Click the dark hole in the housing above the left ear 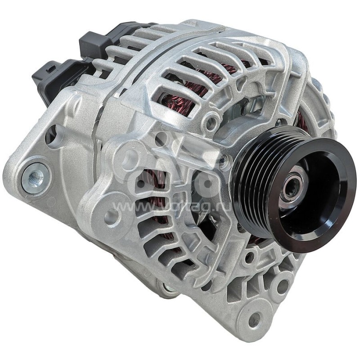coord(50,134)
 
